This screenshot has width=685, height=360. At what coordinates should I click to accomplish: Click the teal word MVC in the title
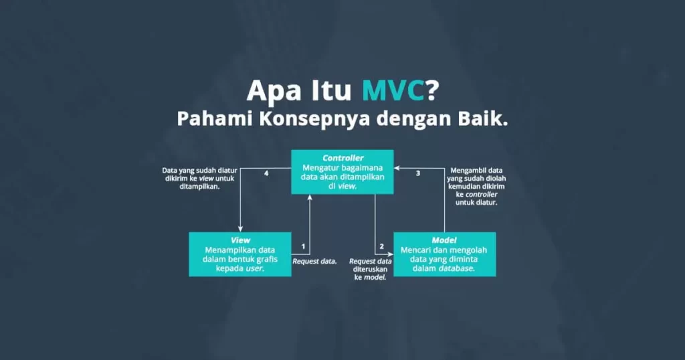[x=393, y=90]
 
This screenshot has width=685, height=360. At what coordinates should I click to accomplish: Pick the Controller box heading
[x=343, y=158]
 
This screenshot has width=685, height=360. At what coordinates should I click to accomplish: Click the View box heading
[x=240, y=240]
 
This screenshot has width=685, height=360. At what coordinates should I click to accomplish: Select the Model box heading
[x=444, y=240]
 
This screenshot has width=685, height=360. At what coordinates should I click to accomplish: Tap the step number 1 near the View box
[x=303, y=246]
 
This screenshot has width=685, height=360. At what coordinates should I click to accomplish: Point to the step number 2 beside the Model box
[x=381, y=246]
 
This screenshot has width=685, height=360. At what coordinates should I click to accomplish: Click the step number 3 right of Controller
[x=418, y=173]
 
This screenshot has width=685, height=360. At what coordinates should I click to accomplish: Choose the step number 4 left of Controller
[x=266, y=173]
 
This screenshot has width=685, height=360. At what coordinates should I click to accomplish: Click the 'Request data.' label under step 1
[x=314, y=261]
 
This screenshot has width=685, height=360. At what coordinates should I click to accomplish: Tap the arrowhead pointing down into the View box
[x=240, y=228]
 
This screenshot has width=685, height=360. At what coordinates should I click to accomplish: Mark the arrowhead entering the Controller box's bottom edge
[x=310, y=197]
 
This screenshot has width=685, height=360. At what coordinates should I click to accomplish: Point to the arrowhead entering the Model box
[x=390, y=254]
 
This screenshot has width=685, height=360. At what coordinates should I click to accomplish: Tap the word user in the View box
[x=255, y=268]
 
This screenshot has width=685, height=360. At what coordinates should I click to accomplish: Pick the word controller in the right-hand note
[x=481, y=195]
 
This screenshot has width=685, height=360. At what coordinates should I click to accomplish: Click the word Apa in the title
[x=274, y=91]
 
